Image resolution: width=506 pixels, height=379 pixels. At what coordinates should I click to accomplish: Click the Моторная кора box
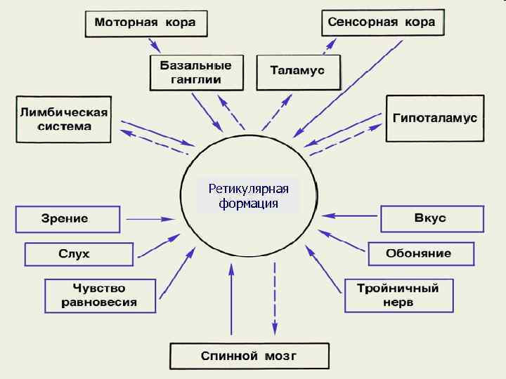click(x=145, y=24)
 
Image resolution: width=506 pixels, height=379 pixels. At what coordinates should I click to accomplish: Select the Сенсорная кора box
click(x=382, y=22)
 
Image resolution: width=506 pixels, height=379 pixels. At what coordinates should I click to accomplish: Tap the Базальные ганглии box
click(x=190, y=72)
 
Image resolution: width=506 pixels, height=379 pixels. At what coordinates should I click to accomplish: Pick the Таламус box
click(x=299, y=71)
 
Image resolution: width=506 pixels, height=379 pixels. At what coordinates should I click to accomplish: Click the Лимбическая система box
click(x=64, y=119)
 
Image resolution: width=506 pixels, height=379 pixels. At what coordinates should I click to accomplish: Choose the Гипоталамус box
click(x=434, y=118)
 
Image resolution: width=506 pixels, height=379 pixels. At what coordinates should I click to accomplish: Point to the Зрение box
click(x=67, y=218)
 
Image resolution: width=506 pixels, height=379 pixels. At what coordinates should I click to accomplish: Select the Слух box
click(x=79, y=253)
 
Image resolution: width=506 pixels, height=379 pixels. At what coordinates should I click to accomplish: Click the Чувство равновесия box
click(x=99, y=295)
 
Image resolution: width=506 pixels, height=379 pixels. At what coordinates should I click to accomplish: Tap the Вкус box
click(x=432, y=218)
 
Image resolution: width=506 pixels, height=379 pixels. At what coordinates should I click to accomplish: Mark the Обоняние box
click(x=419, y=253)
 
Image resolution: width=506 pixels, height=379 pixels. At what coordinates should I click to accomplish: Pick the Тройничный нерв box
click(x=398, y=295)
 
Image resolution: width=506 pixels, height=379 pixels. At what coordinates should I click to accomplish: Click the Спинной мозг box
click(x=249, y=356)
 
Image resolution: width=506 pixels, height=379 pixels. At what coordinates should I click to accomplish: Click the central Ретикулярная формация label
click(x=249, y=196)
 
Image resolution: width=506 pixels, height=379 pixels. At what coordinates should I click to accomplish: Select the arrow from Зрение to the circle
click(x=150, y=219)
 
